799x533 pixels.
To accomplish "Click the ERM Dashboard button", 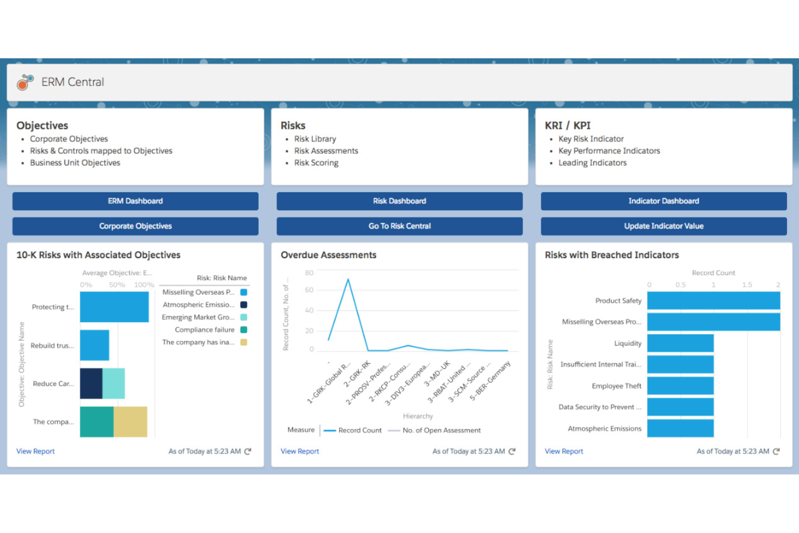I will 135,201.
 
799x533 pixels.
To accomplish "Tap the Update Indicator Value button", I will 663,226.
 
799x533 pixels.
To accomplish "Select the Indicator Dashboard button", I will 663,201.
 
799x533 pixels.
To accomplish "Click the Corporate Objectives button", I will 135,226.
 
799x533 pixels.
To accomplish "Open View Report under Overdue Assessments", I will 300,451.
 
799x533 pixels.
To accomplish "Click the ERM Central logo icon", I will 25,82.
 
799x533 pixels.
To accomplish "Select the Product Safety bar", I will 713,301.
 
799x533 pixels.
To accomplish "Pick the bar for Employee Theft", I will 680,386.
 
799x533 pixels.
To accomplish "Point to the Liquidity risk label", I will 627,343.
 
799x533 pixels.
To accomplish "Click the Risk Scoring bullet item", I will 316,163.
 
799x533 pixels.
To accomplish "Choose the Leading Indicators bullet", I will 592,163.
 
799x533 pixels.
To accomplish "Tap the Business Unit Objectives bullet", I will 75,163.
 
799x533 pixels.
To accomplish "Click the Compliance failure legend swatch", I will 243,330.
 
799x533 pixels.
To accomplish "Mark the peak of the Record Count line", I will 348,279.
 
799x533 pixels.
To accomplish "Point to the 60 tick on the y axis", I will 309,290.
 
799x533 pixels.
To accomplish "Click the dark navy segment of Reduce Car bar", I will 91,383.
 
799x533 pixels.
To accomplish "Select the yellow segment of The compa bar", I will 130,422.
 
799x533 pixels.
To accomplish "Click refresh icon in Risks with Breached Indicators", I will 776,451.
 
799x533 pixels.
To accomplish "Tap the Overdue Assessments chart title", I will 328,255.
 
